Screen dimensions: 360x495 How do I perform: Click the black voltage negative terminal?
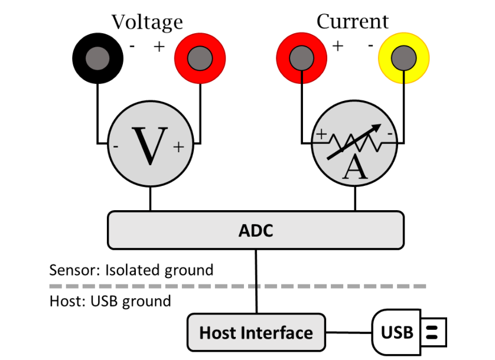[97, 58]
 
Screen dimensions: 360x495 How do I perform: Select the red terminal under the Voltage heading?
[200, 58]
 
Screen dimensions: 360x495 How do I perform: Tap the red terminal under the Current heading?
[302, 58]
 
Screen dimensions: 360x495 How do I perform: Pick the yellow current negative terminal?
[404, 58]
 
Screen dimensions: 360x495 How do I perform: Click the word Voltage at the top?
[147, 22]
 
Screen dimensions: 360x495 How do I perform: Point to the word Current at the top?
[353, 22]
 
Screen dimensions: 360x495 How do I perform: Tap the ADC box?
[256, 230]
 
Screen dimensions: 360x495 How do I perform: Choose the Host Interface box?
[256, 332]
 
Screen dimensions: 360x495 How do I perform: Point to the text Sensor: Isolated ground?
[131, 270]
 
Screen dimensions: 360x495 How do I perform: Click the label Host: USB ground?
[110, 301]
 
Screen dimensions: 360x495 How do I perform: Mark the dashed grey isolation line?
[236, 286]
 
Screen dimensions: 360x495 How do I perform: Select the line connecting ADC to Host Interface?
[256, 280]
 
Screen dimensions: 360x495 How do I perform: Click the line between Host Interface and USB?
[349, 332]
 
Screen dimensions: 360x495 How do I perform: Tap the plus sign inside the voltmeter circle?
[178, 148]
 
